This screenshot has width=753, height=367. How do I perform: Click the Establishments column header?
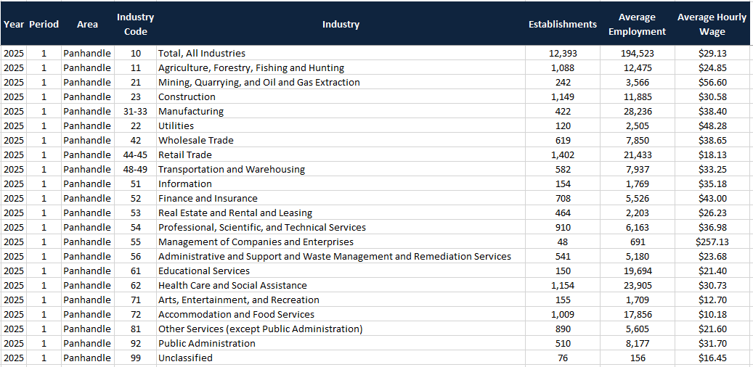562,24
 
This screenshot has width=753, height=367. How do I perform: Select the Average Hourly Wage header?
712,24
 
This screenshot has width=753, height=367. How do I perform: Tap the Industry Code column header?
136,24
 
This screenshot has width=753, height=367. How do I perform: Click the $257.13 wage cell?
712,242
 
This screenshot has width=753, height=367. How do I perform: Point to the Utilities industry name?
176,125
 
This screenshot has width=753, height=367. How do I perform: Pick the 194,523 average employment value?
637,53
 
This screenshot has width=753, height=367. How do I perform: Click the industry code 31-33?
136,111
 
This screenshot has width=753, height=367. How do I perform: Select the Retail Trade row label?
185,154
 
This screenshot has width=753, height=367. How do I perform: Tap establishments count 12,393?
562,53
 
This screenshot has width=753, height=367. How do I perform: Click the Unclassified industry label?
186,358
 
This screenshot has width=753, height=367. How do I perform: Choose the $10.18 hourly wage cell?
712,314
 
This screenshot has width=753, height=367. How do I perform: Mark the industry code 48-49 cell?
136,169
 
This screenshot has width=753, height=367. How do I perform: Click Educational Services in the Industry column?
204,271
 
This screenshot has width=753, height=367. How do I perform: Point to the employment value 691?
637,242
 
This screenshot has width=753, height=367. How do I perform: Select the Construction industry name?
187,96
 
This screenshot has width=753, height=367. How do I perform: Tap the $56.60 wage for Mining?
712,82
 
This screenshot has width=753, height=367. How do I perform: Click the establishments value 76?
562,358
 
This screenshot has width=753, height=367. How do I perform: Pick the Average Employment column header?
637,24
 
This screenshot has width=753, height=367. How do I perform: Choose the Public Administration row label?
207,343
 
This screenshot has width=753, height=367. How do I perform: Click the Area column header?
87,24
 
